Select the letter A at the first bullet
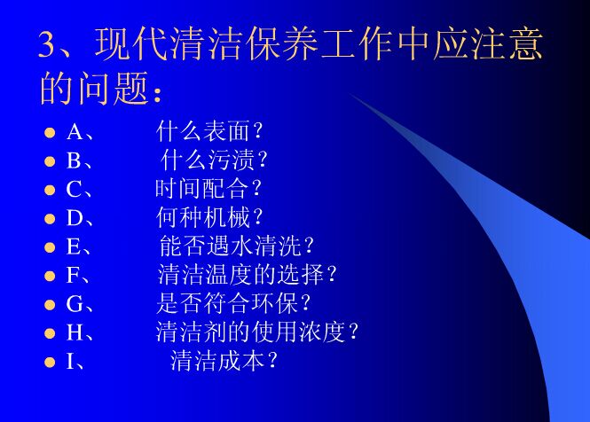pyautogui.click(x=75, y=133)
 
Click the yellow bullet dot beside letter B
pyautogui.click(x=51, y=162)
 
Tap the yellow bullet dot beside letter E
pyautogui.click(x=51, y=247)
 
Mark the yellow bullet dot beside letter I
pyautogui.click(x=51, y=361)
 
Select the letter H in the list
pyautogui.click(x=75, y=332)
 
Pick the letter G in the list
pyautogui.click(x=75, y=304)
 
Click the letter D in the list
pyautogui.click(x=75, y=219)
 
